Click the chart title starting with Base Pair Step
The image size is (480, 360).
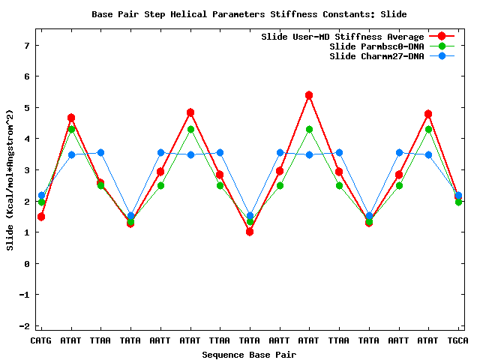coord(240,14)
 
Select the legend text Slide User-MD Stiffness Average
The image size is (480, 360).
coord(342,37)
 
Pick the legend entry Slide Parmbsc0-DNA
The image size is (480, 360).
coord(376,46)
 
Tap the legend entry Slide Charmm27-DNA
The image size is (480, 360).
coord(376,56)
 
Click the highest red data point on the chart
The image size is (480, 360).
coord(309,95)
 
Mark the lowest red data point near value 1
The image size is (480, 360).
coord(250,232)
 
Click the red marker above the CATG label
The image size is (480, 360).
coord(41,217)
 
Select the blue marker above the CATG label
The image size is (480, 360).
coord(41,195)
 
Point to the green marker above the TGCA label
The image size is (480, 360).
coord(458,202)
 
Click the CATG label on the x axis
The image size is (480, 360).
coord(41,340)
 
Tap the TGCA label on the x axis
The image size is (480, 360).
coord(458,340)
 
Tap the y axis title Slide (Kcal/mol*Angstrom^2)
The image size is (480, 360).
coord(10,180)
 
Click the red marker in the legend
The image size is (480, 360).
coord(442,37)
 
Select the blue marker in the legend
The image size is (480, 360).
coord(442,56)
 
